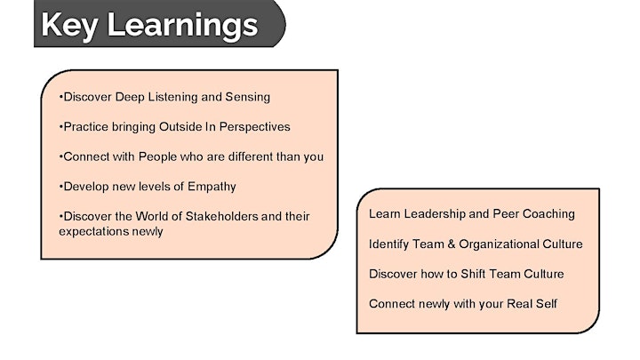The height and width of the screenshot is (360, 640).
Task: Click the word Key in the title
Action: tap(69, 26)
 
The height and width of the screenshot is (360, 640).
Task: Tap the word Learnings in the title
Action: tap(182, 26)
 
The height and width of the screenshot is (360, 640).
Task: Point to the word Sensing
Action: tap(248, 98)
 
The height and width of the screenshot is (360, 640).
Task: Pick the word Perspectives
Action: tap(255, 127)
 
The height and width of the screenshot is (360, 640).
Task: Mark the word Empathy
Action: tap(212, 187)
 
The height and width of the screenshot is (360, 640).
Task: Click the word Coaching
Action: tap(548, 214)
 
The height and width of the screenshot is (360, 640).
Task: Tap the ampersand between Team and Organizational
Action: tap(451, 244)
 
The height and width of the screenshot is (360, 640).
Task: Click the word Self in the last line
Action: tap(548, 304)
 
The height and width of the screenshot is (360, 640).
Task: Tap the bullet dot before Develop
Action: tap(60, 187)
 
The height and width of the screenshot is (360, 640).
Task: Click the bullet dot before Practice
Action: tap(60, 127)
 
